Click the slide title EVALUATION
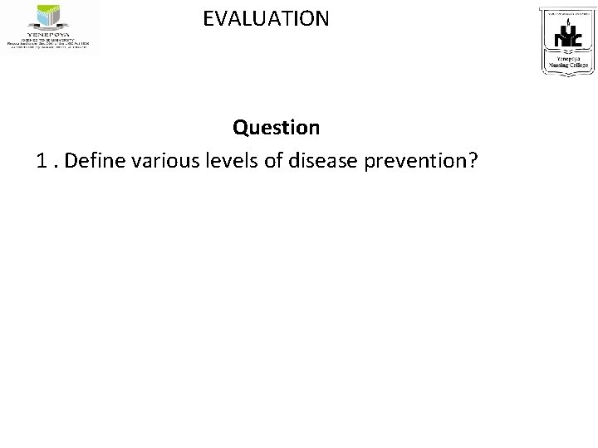tap(266, 17)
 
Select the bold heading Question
tap(276, 128)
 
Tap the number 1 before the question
tap(42, 161)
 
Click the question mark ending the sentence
tap(471, 161)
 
